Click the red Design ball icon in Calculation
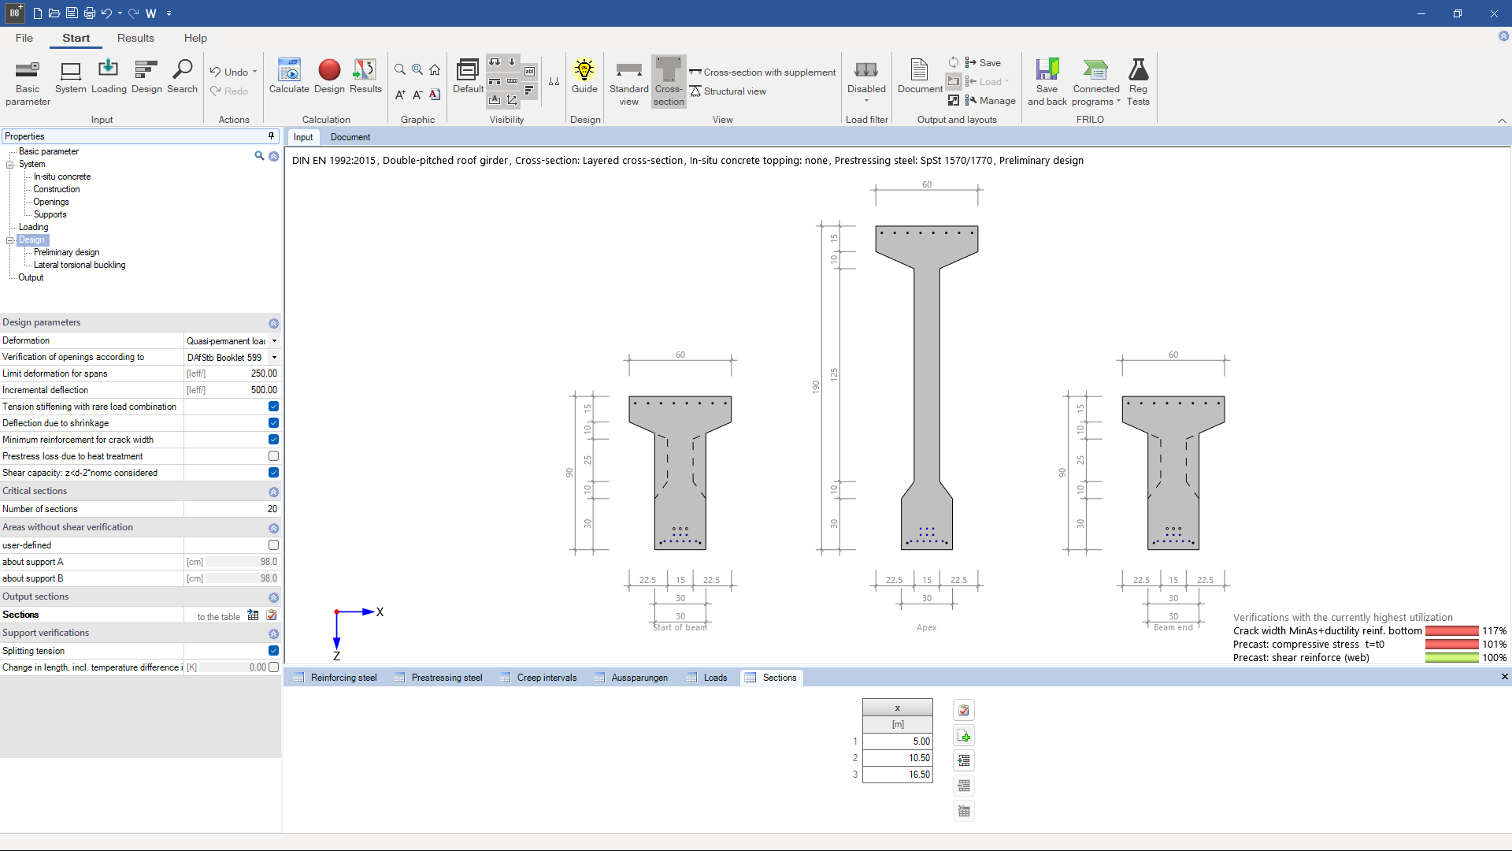(329, 71)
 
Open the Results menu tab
(135, 38)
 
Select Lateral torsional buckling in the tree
(80, 265)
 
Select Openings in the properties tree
(51, 202)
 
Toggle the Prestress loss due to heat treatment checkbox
(273, 456)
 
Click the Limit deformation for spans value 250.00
(263, 373)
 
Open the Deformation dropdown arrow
(274, 341)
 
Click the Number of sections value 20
(271, 509)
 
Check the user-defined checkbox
(273, 545)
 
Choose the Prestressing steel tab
(447, 678)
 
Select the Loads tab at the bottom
(715, 678)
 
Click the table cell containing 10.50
(898, 758)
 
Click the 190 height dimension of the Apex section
(816, 387)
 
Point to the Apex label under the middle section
(926, 628)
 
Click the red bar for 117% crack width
(1451, 631)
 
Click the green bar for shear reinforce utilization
(1451, 658)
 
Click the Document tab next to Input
(350, 137)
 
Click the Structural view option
(734, 91)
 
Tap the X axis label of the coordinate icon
(380, 612)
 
